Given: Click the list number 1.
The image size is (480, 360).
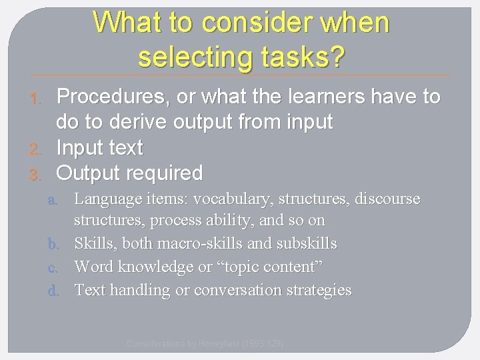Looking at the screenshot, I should tap(37, 99).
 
